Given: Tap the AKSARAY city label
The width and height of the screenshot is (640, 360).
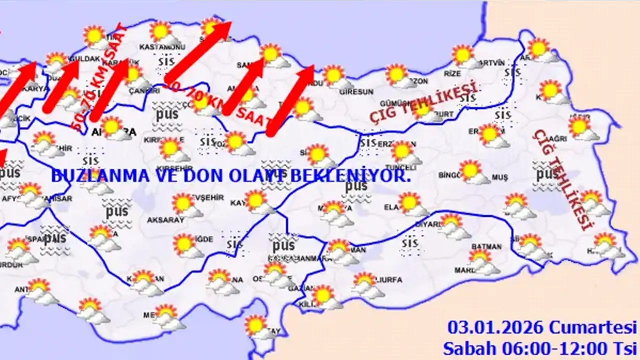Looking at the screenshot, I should (166, 220).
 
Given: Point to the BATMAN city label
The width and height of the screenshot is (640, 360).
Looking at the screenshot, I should (486, 247).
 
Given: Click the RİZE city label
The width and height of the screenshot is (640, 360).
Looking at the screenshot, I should (452, 74).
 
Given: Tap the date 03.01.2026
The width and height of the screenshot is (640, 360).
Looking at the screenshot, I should (495, 328).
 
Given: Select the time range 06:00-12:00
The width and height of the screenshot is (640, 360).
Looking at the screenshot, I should (546, 347).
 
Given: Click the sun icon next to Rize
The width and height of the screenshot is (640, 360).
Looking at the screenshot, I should (463, 55).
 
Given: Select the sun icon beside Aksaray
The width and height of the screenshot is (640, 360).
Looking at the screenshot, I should (183, 203).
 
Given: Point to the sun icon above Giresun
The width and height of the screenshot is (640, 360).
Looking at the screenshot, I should (333, 75).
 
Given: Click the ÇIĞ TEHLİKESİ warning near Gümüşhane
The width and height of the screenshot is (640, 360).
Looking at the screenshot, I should (423, 103).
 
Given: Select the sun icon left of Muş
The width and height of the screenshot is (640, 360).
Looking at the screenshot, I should (470, 170).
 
